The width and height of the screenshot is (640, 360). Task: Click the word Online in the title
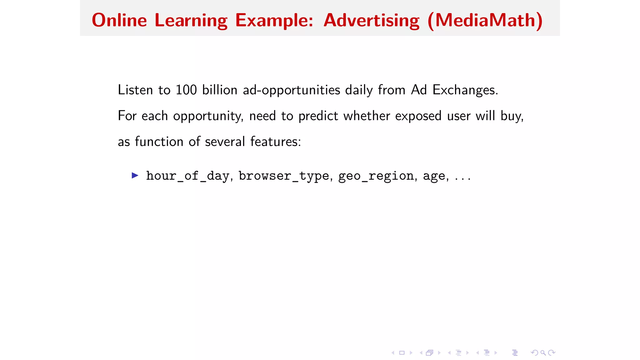pos(119,20)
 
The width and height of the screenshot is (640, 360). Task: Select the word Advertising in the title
pos(371,21)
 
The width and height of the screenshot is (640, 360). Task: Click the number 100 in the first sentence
pos(186,90)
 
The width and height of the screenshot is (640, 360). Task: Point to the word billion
pos(220,90)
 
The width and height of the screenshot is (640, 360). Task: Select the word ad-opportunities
pos(291,90)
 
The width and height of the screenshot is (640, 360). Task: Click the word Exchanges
pos(465,90)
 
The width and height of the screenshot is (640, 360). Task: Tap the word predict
pos(318,116)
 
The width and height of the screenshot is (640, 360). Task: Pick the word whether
pos(367,116)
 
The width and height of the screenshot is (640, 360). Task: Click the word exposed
pos(418,116)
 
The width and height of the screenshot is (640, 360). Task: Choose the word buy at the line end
pos(511,116)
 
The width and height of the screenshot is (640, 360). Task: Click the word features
pos(275,142)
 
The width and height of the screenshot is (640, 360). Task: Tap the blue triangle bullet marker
pos(135,175)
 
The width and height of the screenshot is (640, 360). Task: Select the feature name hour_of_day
pos(188,176)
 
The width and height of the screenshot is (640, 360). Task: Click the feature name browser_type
pos(284,176)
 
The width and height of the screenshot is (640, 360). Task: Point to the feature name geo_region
pos(376,176)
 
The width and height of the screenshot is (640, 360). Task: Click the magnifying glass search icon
pos(543,353)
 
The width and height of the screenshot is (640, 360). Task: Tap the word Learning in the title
pos(191,21)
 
